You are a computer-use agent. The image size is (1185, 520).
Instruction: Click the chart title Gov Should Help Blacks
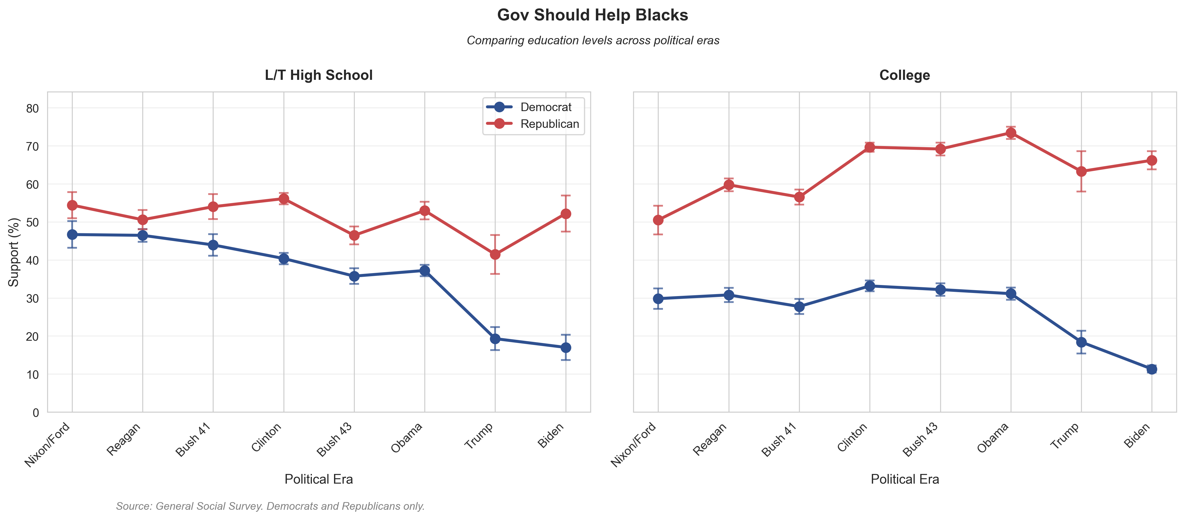coord(592,15)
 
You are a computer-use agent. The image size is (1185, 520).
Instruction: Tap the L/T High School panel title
coord(318,75)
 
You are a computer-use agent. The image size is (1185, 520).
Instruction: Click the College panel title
coord(904,75)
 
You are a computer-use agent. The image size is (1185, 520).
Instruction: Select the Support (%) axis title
coord(14,252)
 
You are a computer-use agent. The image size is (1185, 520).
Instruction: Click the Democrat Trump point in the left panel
coord(495,339)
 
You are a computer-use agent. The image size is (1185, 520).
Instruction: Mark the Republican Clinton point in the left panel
coord(284,199)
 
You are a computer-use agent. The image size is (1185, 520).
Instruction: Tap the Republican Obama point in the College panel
coord(1011,133)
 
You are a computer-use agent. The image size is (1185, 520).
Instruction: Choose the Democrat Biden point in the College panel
coord(1151,369)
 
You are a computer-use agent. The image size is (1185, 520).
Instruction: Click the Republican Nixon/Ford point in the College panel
coord(658,220)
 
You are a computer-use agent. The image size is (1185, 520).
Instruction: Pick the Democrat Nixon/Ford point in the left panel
coord(72,235)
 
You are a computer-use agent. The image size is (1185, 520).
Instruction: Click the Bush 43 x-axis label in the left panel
coord(335,440)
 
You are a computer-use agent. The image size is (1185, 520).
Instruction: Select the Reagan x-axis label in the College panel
coord(711,440)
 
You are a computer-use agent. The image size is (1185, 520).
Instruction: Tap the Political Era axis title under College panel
coord(904,479)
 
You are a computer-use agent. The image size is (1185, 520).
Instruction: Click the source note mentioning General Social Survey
coord(270,506)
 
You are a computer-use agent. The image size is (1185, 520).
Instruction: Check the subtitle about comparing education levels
coord(592,41)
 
